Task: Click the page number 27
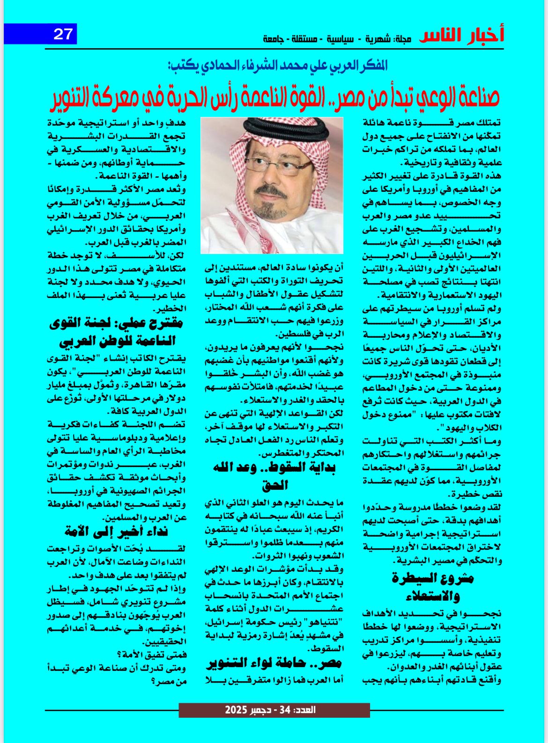pos(63,34)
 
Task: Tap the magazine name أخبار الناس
pos(461,36)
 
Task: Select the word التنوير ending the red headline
pos(78,97)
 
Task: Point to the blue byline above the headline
pos(277,65)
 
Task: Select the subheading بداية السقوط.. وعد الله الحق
pos(274,475)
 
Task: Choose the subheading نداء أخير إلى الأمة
pos(117,532)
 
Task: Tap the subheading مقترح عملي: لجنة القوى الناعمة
pos(117,332)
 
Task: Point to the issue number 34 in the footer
pos(285,710)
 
